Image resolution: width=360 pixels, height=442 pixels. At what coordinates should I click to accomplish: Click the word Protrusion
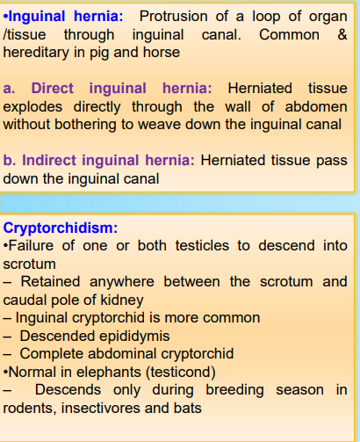pos(173,16)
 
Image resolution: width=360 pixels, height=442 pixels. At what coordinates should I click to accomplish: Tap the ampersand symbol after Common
pos(342,34)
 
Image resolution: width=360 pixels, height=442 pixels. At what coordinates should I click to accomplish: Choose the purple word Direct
pos(52,88)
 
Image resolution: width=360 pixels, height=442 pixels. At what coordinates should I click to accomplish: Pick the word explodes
pos(32,107)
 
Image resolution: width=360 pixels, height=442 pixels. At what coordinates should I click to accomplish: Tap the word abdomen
pos(316,106)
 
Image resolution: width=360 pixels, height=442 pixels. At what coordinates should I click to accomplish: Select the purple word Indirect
pos(49,160)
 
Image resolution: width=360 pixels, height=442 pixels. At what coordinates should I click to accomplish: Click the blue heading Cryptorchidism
pos(61,228)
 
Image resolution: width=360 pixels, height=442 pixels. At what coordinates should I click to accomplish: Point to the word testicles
pos(202,245)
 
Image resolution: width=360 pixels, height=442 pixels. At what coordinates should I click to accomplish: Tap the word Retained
pos(50,281)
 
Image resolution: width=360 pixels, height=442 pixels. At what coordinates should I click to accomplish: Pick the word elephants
pos(109,373)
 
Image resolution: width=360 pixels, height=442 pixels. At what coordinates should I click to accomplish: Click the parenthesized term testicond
pos(181,373)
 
